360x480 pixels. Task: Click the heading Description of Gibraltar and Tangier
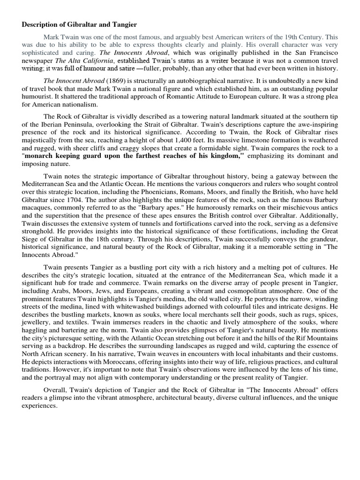coord(80,24)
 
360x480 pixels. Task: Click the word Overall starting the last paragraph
coord(56,390)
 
